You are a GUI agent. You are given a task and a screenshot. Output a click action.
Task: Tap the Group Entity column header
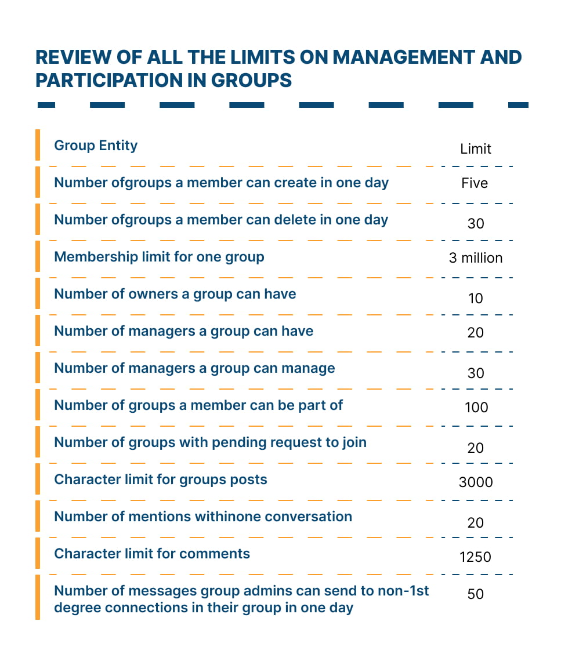(96, 145)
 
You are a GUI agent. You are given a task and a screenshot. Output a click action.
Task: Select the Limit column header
(475, 149)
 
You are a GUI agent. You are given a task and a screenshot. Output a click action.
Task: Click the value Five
(475, 183)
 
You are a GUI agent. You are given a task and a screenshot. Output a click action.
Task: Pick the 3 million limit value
(475, 257)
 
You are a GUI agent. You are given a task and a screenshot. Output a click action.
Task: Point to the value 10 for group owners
(475, 298)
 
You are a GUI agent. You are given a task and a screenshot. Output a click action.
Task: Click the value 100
(476, 407)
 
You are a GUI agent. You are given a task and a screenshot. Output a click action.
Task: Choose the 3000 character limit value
(476, 482)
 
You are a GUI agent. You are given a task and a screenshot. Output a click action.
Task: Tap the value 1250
(475, 557)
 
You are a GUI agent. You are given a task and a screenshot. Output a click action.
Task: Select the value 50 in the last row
(475, 594)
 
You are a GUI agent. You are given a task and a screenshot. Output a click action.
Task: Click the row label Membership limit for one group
(159, 256)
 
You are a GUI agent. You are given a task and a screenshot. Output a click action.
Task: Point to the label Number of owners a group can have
(175, 294)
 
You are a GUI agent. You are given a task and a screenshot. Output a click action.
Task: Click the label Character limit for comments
(151, 554)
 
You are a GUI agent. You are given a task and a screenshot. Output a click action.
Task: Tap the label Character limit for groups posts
(160, 480)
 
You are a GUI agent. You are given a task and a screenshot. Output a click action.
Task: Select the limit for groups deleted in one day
(475, 223)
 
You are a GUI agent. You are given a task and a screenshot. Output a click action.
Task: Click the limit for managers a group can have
(475, 332)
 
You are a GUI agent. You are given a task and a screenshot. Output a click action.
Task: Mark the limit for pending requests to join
(475, 448)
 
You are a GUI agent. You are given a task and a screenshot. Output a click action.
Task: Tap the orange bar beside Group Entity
(38, 145)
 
